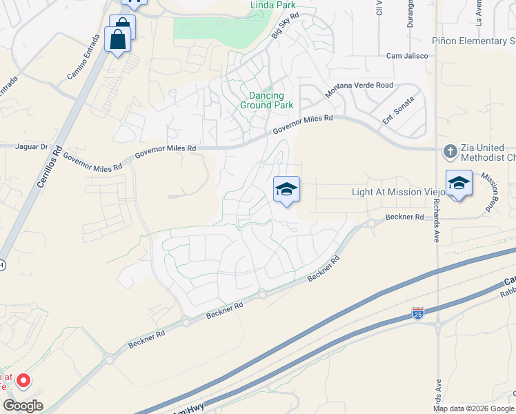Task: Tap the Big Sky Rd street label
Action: [285, 25]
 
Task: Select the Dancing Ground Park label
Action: [266, 100]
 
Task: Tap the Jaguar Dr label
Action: [34, 147]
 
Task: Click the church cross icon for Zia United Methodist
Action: [450, 151]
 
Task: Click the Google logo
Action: [23, 406]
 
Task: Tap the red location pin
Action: [23, 379]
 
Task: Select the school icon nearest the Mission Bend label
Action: [459, 183]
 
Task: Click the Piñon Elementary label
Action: [473, 41]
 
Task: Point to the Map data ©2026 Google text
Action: [473, 408]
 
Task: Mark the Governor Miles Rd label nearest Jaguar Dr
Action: [92, 161]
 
